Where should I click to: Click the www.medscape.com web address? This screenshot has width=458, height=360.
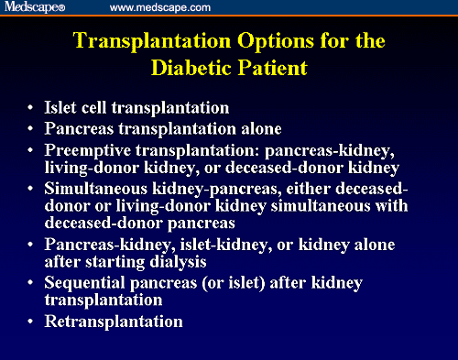pyautogui.click(x=160, y=7)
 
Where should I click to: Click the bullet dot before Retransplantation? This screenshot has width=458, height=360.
pyautogui.click(x=34, y=322)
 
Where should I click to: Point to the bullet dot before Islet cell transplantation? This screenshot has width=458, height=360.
pyautogui.click(x=34, y=107)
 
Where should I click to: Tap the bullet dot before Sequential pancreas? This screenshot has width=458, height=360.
pyautogui.click(x=34, y=284)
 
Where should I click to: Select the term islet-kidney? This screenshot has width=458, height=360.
pyautogui.click(x=215, y=245)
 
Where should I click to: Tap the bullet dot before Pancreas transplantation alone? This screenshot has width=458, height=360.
pyautogui.click(x=34, y=128)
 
